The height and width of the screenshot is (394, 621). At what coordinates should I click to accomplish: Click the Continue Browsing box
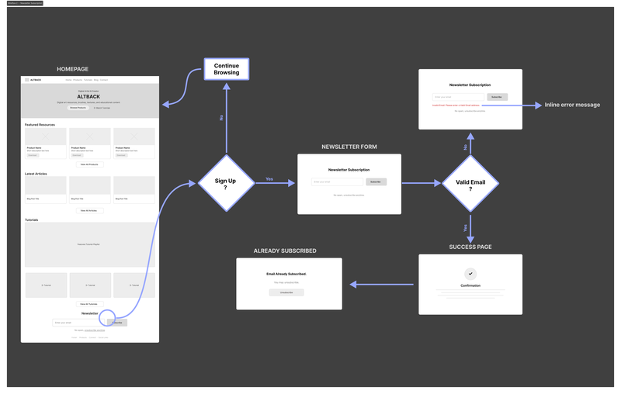coord(226,70)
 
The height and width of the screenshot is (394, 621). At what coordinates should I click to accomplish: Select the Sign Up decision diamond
coord(225,183)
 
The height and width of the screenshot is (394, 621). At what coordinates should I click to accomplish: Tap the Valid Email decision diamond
coord(470,183)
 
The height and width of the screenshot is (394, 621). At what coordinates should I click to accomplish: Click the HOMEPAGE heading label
coord(74,70)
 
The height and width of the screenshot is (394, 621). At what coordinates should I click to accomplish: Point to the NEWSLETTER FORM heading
coord(349,147)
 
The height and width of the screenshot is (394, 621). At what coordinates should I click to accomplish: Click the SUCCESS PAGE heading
coord(470,247)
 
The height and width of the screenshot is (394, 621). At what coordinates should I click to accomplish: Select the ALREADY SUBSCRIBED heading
coord(285,251)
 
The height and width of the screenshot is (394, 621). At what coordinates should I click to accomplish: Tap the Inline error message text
coord(572,105)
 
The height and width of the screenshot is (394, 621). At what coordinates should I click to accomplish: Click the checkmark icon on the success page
coord(470,274)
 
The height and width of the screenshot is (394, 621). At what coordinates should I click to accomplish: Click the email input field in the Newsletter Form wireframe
coord(337,181)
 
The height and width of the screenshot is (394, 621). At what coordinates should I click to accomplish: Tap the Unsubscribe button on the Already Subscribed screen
coord(286,292)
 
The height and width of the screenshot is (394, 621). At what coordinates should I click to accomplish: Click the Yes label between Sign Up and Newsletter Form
coord(269,179)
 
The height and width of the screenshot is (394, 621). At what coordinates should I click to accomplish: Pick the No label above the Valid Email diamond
coord(465,147)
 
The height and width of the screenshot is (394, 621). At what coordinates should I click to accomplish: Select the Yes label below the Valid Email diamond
coord(465,228)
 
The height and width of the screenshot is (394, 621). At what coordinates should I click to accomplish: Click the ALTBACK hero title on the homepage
coord(89,96)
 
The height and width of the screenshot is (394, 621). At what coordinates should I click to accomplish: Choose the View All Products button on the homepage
coord(89,164)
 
